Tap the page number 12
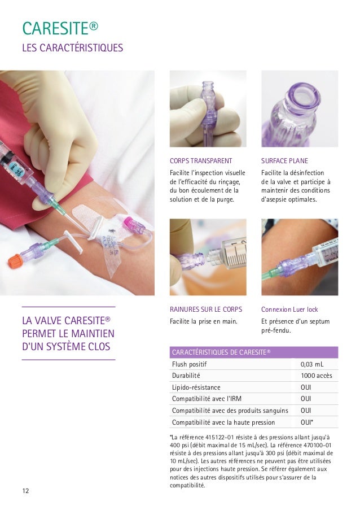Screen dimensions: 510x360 click(x=26, y=490)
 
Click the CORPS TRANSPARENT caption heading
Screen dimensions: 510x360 click(x=201, y=160)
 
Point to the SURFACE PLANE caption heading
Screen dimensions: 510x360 click(x=284, y=160)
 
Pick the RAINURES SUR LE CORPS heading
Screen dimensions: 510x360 click(x=206, y=310)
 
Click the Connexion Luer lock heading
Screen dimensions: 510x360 click(x=289, y=310)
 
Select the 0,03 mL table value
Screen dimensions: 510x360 click(x=312, y=364)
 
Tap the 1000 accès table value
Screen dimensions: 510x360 click(x=317, y=376)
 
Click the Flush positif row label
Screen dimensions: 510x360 click(x=190, y=364)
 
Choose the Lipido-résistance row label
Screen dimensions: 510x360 click(x=196, y=387)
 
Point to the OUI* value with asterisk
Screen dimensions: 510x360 click(x=308, y=422)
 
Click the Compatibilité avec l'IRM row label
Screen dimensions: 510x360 click(x=207, y=399)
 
